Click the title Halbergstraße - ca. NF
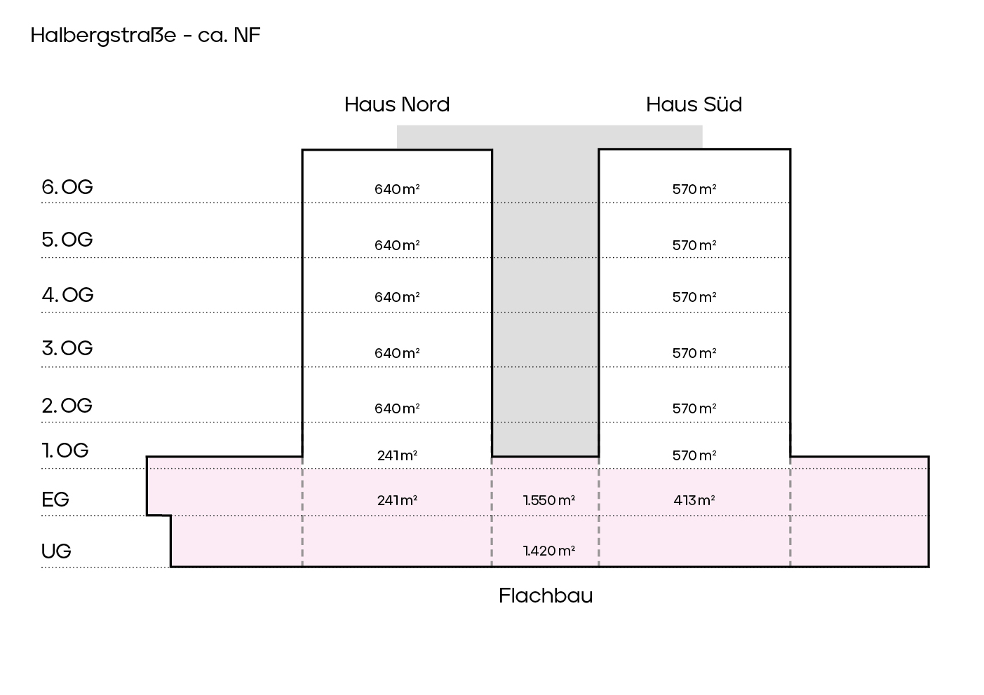tap(145, 36)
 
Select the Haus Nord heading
tap(397, 104)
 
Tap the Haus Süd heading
tap(694, 104)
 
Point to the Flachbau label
tap(546, 596)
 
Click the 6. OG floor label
tap(67, 187)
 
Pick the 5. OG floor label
tap(67, 240)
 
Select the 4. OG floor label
tap(67, 295)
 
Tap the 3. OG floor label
tap(67, 348)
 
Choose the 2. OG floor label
tap(67, 406)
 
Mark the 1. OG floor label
tap(65, 450)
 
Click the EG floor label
tap(55, 500)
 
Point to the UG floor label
tap(56, 551)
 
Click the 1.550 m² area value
tap(549, 500)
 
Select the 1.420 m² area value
tap(549, 551)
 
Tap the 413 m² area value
tap(694, 500)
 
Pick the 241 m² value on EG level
tap(397, 500)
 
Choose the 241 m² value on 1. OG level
tap(397, 455)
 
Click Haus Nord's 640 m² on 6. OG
tap(397, 189)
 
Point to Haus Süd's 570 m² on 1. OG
tap(694, 455)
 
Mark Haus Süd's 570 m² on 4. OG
tap(694, 297)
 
